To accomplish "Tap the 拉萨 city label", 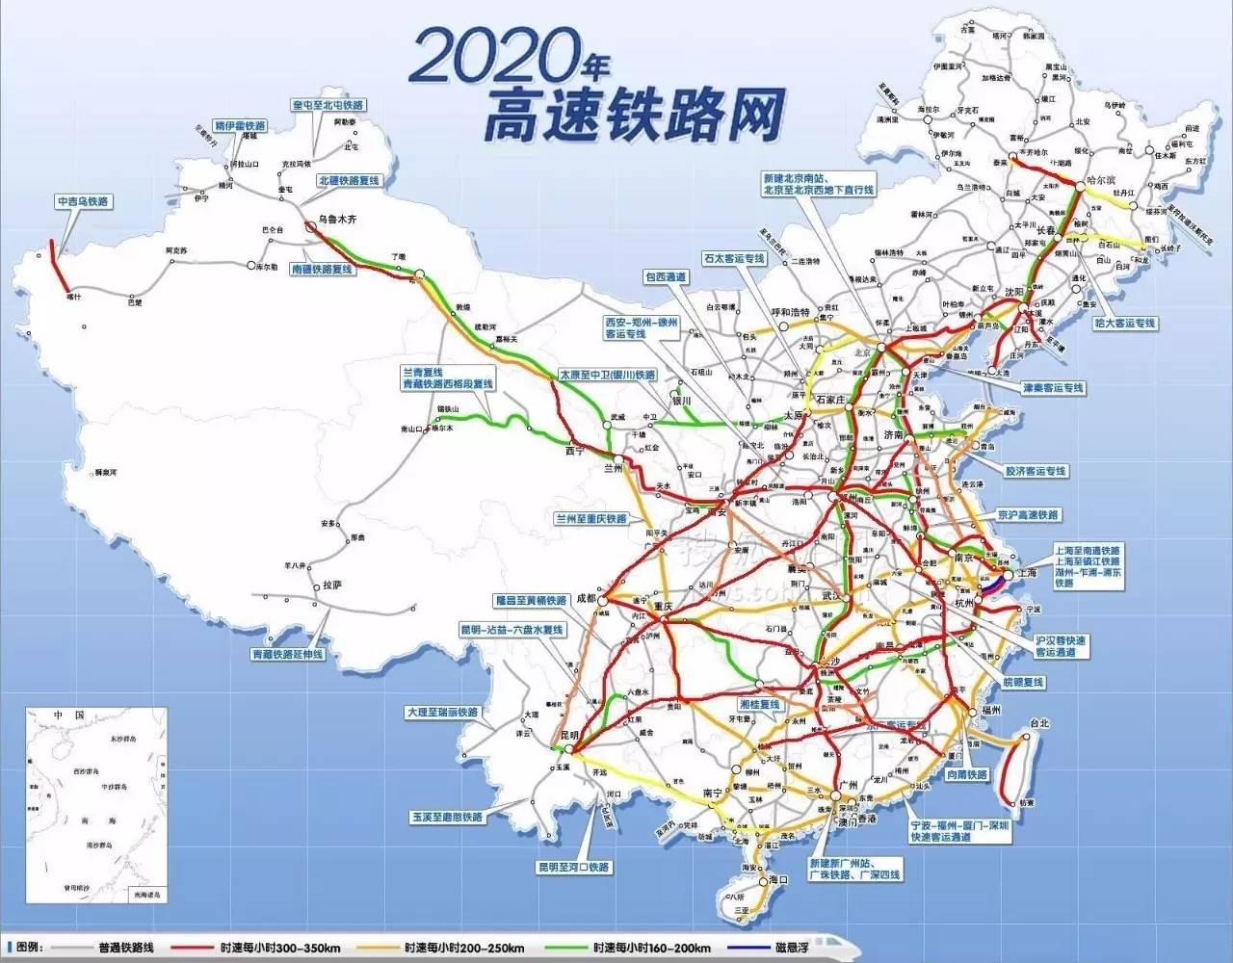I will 331,585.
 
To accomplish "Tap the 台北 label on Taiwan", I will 1038,723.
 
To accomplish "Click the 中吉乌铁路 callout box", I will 83,202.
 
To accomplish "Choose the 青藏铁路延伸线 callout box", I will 287,654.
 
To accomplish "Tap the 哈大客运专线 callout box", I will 1124,324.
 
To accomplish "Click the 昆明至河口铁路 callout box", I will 573,867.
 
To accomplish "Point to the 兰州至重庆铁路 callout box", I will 590,519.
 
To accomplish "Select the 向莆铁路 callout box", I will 966,774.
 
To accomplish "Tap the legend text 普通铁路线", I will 125,948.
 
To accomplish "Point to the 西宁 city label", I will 575,450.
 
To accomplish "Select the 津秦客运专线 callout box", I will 1053,388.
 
